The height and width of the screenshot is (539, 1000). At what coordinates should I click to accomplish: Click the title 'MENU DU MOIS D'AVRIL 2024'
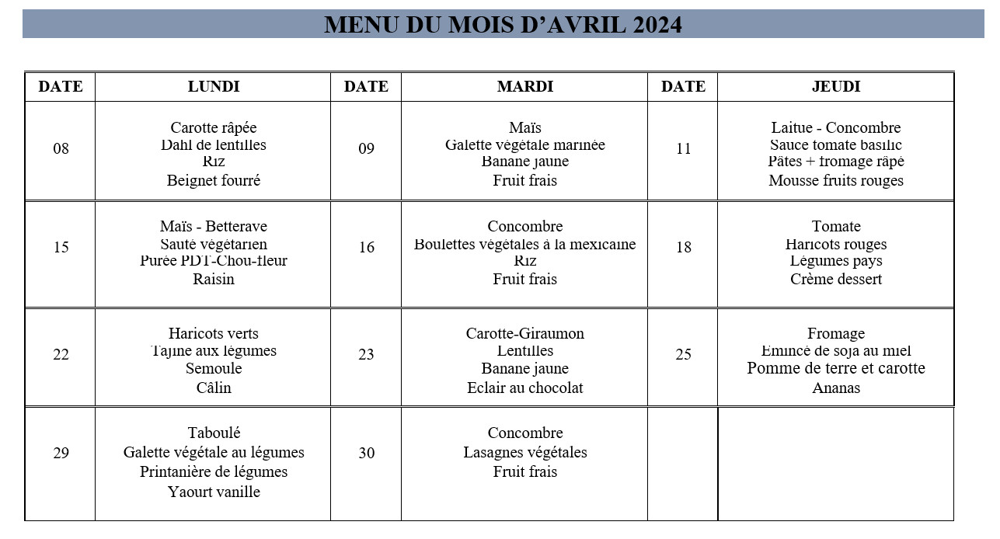(503, 25)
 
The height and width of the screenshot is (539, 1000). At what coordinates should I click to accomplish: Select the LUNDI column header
(214, 87)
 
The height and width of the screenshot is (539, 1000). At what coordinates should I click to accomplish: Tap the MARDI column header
(524, 87)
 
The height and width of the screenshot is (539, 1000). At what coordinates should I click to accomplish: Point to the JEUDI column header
(835, 87)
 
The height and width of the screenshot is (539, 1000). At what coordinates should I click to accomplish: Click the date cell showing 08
(61, 148)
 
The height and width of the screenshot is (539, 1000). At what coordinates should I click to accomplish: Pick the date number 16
(366, 248)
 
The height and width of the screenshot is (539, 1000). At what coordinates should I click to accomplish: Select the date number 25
(683, 355)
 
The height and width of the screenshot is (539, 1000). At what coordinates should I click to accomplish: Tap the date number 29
(61, 454)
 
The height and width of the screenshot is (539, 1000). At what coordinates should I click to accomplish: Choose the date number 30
(366, 454)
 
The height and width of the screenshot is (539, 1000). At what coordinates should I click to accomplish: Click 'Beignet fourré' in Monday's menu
(214, 181)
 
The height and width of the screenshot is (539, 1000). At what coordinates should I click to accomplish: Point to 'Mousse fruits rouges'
(836, 181)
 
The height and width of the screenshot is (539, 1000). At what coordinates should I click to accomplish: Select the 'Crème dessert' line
(836, 280)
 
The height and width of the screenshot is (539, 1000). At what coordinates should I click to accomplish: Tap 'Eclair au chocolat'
(524, 388)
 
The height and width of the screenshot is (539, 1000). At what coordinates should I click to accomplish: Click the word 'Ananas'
(836, 388)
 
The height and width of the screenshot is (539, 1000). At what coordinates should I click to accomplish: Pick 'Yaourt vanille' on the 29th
(214, 492)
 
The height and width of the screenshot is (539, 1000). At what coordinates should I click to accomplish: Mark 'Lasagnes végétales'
(525, 453)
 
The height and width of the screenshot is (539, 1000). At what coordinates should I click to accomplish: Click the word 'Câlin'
(214, 388)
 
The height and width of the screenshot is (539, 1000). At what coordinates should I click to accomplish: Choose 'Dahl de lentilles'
(214, 145)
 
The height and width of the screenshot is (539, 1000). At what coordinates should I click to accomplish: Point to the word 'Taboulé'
(214, 433)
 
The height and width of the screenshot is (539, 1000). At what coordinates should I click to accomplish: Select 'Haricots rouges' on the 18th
(836, 245)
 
